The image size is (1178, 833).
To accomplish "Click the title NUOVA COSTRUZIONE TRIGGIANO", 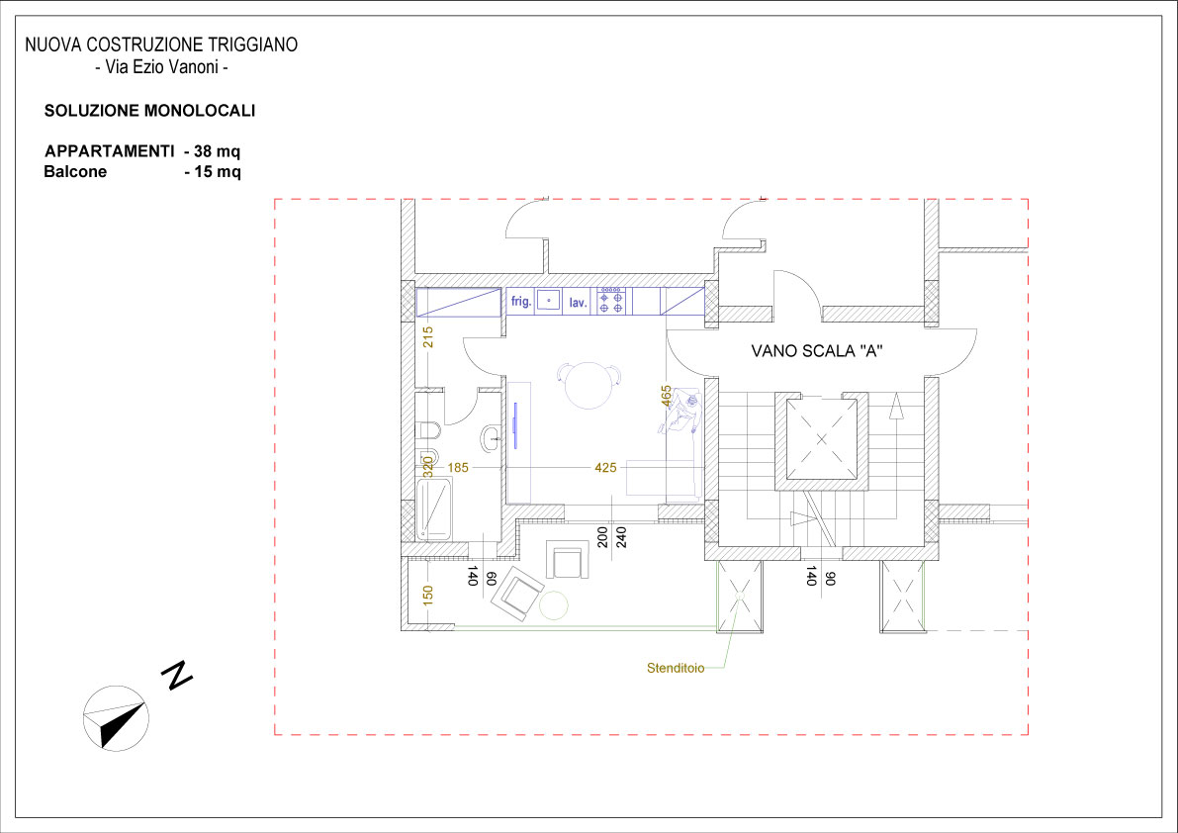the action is pos(161,46).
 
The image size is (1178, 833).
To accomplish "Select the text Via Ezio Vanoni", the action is pos(161,67).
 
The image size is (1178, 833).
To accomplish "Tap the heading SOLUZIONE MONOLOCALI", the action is pos(149,111).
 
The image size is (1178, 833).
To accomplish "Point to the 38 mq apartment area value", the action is pos(218,151).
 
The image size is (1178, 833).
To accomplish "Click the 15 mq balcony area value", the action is pos(218,171).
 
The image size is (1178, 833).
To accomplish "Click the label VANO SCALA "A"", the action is pos(817,351).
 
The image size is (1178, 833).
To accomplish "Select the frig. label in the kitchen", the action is pos(521,302).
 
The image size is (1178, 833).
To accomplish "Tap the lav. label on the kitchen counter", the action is pos(578,303).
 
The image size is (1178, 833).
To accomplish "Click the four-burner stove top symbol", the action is pos(611,302).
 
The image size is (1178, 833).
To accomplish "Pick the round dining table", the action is pos(589,385).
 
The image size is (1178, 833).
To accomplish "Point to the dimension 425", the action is pos(605,468).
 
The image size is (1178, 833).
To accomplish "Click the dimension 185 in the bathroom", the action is pos(458,468).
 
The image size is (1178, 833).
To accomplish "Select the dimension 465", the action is pos(667,396).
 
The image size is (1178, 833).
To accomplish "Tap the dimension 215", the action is pos(428,336).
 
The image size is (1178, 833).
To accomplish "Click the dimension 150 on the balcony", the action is pos(428,596).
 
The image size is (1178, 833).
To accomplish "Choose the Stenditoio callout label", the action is pos(676,668).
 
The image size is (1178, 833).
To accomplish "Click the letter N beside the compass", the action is pos(177,676).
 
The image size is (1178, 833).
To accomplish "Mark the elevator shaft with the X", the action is pos(821,438).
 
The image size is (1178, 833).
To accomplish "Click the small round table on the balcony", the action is pos(554,605).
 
